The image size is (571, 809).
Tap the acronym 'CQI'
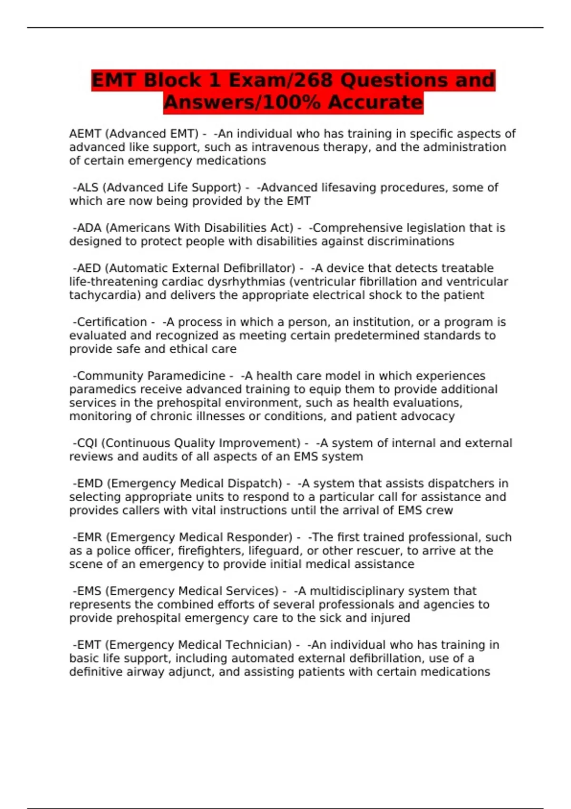click(87, 443)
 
